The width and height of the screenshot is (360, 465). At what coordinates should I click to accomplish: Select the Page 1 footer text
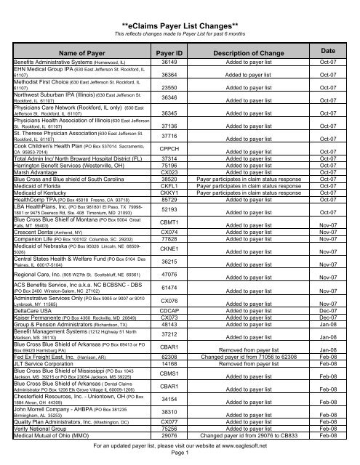pyautogui.click(x=180, y=457)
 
